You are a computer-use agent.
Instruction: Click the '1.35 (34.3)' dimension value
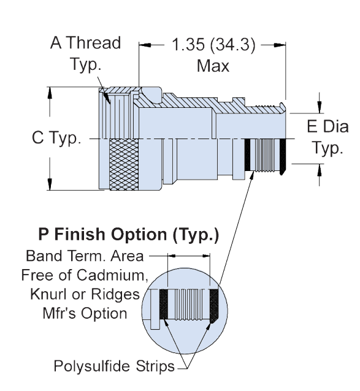213,45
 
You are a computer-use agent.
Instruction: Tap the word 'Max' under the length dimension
213,66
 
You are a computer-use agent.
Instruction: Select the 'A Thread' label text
86,43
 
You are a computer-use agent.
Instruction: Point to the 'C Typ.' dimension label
56,138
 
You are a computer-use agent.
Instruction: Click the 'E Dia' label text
327,126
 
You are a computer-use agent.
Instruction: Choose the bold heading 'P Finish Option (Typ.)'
129,235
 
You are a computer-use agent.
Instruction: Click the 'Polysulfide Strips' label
114,366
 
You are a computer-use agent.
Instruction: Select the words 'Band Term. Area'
85,256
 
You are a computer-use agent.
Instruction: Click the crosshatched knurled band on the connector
124,165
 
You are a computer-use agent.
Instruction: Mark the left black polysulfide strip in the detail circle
164,304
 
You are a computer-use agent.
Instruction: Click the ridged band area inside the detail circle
189,304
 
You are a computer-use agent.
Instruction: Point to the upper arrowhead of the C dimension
50,92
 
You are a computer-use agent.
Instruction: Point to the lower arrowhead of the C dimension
50,184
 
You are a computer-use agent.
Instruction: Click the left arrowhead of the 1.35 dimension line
145,45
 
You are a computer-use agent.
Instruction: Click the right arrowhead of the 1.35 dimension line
280,45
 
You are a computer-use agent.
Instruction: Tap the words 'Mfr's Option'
85,313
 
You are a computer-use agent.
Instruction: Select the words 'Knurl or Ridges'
85,295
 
